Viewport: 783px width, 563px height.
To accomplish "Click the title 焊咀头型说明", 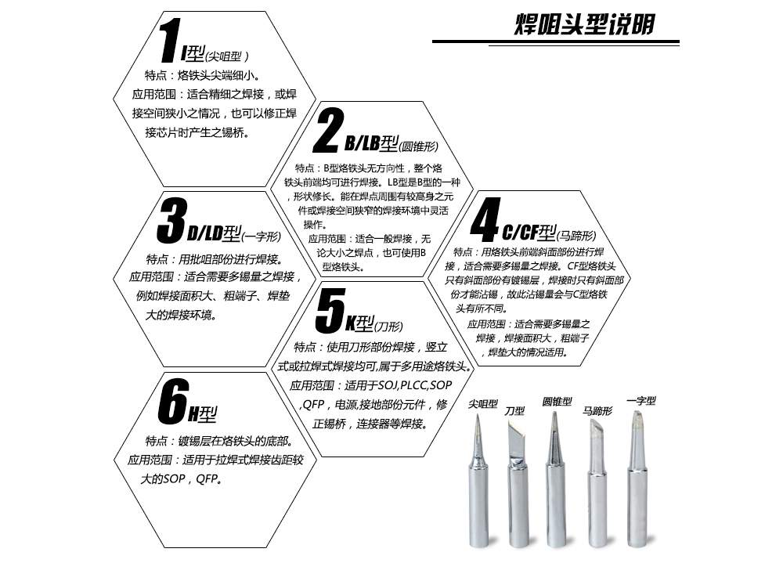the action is tap(585, 24).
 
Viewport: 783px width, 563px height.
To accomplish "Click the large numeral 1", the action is tap(170, 40).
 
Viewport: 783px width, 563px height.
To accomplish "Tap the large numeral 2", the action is tap(328, 130).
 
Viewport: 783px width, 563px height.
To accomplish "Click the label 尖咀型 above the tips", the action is tap(483, 403).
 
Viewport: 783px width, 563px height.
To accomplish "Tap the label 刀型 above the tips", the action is tap(514, 410).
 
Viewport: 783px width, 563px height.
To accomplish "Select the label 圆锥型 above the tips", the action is tap(557, 401).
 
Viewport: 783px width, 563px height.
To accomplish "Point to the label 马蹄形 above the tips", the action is tap(597, 410).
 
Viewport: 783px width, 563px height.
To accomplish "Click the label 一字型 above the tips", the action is tap(641, 401).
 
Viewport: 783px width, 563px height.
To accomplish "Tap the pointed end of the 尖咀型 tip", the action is tap(478, 417).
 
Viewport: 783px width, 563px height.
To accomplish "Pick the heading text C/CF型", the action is tap(529, 233).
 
